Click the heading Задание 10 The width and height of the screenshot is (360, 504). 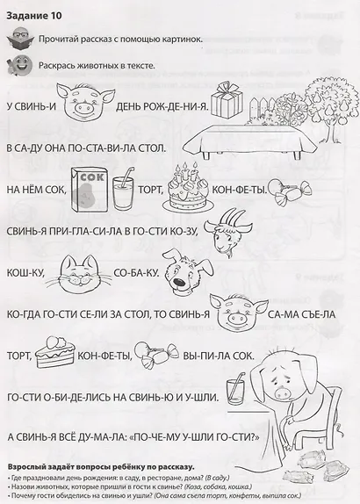pos(32,13)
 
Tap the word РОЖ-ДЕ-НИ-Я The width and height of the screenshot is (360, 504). pos(175,108)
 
